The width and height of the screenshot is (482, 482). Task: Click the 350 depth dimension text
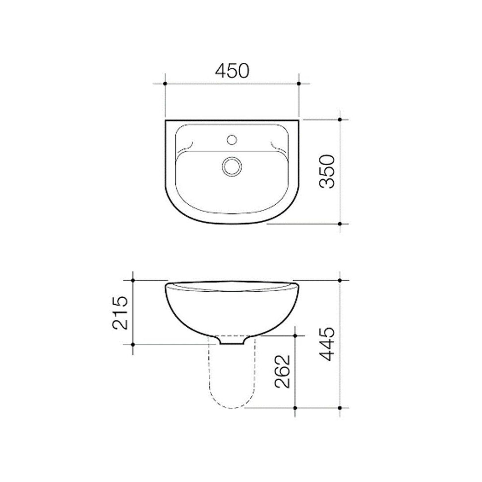point(328,172)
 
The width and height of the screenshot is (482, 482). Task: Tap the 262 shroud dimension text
point(282,372)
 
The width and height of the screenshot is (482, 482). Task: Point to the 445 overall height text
point(328,344)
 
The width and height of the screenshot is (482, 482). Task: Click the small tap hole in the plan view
point(232,140)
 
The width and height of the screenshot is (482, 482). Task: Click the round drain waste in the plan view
point(232,167)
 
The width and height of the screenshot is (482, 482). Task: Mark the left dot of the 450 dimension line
point(165,83)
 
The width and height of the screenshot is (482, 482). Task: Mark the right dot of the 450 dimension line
point(299,83)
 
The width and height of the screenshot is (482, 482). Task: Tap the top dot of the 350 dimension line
point(340,119)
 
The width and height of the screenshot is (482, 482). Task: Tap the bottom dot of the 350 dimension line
point(340,224)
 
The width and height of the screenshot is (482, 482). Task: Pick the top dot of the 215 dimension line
point(133,280)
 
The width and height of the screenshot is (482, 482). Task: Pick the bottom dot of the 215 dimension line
point(133,344)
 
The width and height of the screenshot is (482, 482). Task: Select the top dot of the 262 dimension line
point(295,336)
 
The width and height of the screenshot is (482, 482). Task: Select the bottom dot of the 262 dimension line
point(295,408)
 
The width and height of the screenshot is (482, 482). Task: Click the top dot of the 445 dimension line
point(340,280)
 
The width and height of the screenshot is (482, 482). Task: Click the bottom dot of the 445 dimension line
point(340,408)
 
